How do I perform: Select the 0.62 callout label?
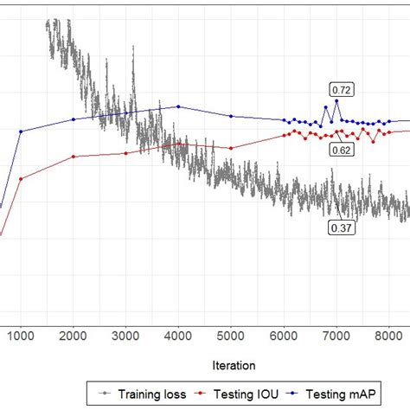[342, 150]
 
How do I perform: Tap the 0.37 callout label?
[341, 227]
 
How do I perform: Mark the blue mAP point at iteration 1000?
[21, 131]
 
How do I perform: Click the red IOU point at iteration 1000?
[21, 179]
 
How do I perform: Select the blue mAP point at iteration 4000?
[178, 106]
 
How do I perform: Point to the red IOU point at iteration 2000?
[74, 157]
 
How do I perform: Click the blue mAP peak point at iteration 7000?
[336, 101]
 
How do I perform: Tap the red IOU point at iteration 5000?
[231, 148]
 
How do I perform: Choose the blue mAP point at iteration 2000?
[74, 119]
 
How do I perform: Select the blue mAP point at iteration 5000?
[231, 116]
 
